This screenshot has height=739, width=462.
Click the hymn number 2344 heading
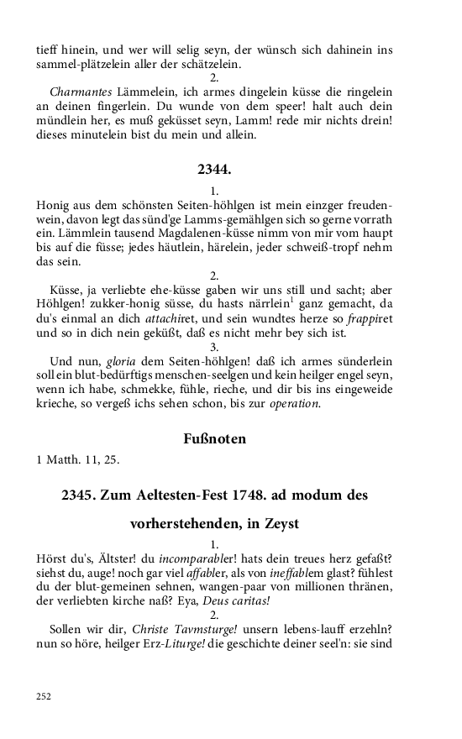pyautogui.click(x=214, y=170)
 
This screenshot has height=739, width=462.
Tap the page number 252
pyautogui.click(x=44, y=695)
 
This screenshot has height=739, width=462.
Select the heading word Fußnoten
pyautogui.click(x=214, y=438)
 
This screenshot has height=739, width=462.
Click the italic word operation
pyautogui.click(x=295, y=404)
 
